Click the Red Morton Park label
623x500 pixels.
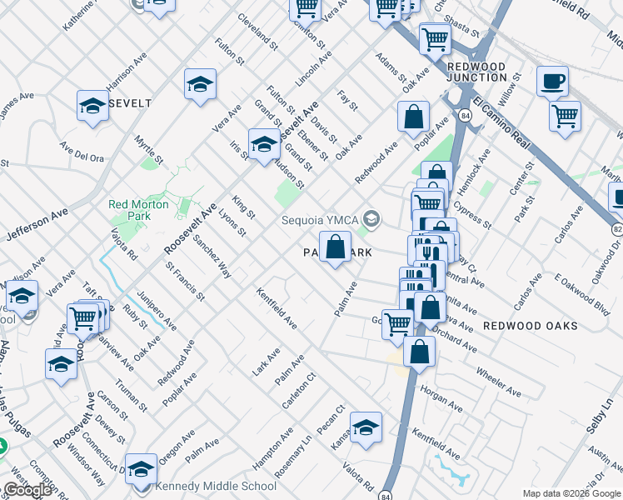(x=138, y=210)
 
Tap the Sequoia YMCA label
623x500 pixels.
(x=320, y=220)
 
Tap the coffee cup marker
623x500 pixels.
(x=551, y=83)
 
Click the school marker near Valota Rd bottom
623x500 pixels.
(x=365, y=427)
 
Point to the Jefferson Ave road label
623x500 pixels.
(x=37, y=225)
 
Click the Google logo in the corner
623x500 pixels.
(x=28, y=490)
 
